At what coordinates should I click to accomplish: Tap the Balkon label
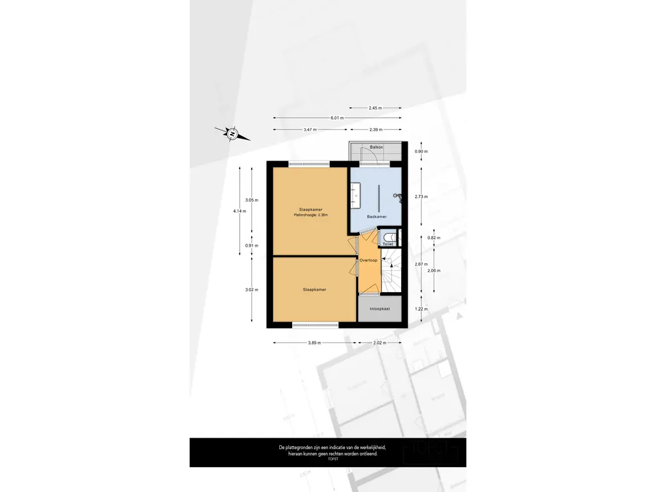(376, 147)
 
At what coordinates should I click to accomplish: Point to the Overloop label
(368, 260)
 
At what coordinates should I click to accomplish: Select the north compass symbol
(232, 133)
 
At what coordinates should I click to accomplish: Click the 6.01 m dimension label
(337, 118)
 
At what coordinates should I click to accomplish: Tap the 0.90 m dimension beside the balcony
(421, 152)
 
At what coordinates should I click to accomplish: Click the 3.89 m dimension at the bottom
(314, 343)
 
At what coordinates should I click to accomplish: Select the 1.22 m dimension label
(421, 309)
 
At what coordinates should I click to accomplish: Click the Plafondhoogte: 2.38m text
(311, 215)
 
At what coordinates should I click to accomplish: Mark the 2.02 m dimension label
(381, 343)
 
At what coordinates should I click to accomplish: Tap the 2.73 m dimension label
(421, 196)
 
